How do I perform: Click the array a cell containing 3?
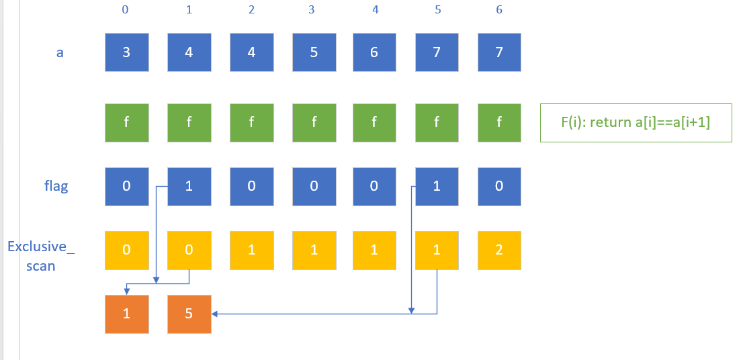coord(126,52)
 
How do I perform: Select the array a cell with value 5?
coord(314,52)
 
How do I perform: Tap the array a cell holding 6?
coord(374,52)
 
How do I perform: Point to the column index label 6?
coord(498,10)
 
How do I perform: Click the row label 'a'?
coord(59,52)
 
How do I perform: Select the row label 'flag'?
coord(56,185)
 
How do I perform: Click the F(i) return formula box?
coord(636,122)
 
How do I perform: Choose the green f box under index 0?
coord(126,122)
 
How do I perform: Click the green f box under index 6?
coord(498,122)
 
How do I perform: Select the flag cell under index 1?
coord(189,186)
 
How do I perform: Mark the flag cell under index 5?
coord(437,186)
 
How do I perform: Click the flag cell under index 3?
coord(314,186)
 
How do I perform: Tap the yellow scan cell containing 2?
coord(498,250)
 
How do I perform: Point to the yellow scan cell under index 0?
coord(126,250)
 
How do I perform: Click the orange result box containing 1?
coord(126,313)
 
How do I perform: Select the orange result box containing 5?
coord(189,313)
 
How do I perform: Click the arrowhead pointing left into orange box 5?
coord(215,313)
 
